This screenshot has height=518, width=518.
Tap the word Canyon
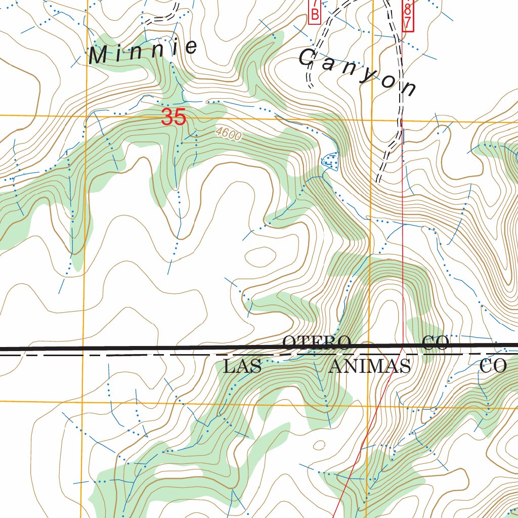(x=357, y=72)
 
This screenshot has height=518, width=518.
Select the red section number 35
(x=174, y=118)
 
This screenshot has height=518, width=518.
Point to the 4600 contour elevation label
(x=228, y=134)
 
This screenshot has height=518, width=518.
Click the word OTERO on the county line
(x=317, y=342)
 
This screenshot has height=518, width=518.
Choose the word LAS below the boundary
(x=242, y=366)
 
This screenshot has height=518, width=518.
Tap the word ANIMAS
(x=369, y=366)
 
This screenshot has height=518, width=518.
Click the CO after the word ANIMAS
(x=493, y=366)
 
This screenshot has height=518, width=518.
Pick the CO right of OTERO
(x=436, y=343)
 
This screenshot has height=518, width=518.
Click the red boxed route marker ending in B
(x=315, y=11)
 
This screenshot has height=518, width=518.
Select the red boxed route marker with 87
(x=408, y=15)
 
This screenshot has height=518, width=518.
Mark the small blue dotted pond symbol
(x=331, y=161)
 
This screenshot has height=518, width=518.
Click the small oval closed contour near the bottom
(x=319, y=446)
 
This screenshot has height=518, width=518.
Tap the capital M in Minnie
(x=98, y=56)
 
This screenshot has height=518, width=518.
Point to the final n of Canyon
(x=408, y=89)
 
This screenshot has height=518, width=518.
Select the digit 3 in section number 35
(x=168, y=118)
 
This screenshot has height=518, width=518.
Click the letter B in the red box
(x=315, y=15)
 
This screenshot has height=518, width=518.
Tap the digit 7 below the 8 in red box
(x=408, y=22)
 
